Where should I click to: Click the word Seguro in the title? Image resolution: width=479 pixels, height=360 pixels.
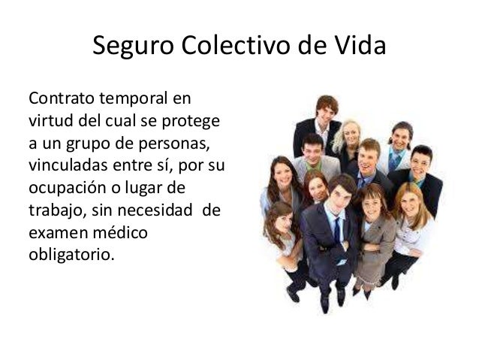pyautogui.click(x=132, y=48)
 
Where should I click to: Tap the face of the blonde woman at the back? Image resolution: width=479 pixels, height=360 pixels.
pyautogui.click(x=351, y=136)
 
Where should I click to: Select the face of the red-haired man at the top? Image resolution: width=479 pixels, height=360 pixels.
pyautogui.click(x=327, y=110)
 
